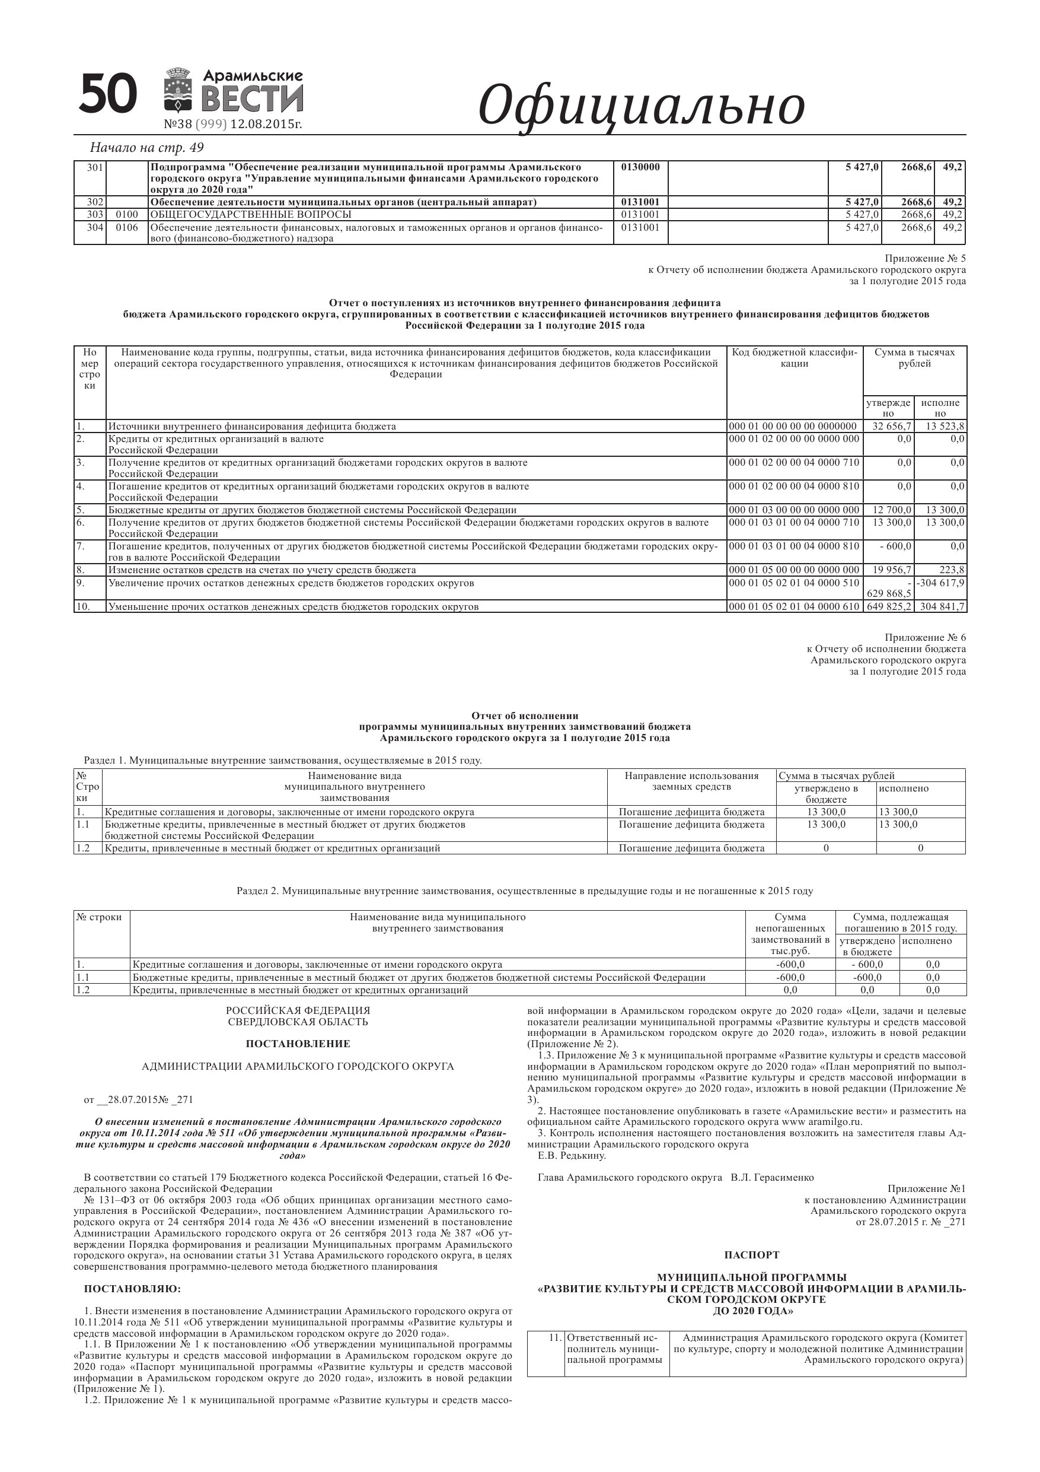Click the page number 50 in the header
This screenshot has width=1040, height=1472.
tap(108, 94)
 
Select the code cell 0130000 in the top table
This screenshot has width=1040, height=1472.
tap(640, 167)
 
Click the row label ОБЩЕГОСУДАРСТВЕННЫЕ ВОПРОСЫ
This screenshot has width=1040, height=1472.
tap(251, 214)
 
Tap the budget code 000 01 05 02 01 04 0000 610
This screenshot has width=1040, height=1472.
tap(794, 606)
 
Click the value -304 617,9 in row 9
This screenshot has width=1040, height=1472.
tap(940, 583)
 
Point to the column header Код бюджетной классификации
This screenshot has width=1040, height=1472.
tap(794, 358)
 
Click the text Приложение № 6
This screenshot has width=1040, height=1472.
tap(924, 638)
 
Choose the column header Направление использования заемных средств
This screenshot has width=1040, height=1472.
tap(691, 781)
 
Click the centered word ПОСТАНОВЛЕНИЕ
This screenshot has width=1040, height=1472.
tap(298, 1044)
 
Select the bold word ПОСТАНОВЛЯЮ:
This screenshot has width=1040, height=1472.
tap(133, 1289)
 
